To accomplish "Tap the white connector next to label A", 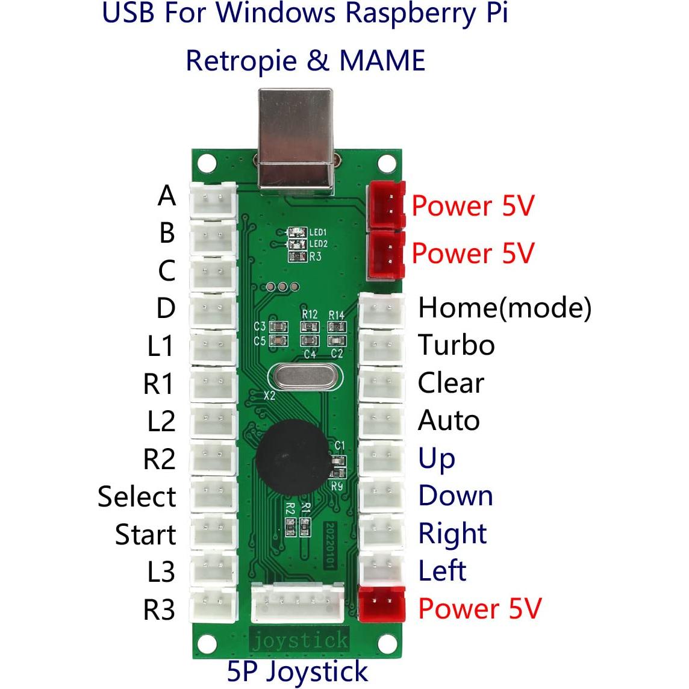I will [213, 198].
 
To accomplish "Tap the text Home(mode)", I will [505, 308].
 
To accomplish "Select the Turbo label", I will [456, 345].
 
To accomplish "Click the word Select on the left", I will [137, 497].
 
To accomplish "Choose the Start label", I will [145, 534].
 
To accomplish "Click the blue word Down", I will [455, 496].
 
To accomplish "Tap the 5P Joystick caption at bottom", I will [297, 671].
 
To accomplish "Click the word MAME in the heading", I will [382, 60].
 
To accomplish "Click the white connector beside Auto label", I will [381, 420].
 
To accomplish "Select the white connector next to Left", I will [381, 566].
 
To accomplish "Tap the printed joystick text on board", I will [299, 640].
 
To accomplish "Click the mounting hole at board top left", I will [207, 162].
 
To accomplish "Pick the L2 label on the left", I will [161, 421].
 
